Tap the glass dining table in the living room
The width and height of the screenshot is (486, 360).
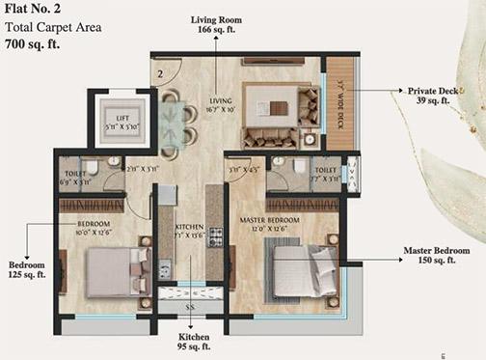(x=170, y=124)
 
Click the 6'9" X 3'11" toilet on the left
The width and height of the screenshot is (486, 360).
(x=82, y=174)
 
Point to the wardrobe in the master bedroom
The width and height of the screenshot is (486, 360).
(x=304, y=204)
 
